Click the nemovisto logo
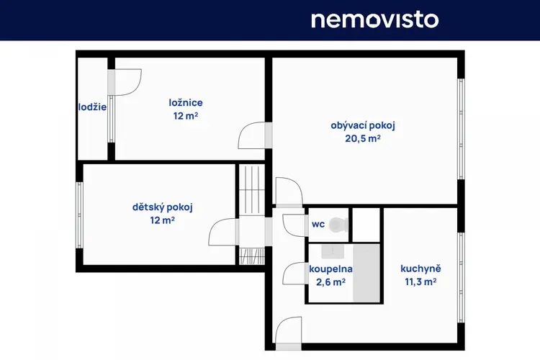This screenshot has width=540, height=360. (374, 20)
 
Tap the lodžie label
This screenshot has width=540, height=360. (92, 107)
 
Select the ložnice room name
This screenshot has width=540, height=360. (186, 103)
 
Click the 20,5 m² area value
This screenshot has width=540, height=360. (363, 138)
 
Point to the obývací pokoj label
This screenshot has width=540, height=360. (363, 126)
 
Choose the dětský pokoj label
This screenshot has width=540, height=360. (163, 207)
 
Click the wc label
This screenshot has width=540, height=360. (318, 225)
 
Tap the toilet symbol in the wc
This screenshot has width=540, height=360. (338, 225)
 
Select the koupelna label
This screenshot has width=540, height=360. (330, 269)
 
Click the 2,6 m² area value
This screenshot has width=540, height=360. (330, 282)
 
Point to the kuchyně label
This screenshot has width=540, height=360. (420, 269)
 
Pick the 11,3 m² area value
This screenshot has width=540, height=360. (420, 282)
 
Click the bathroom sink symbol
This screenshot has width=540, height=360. (333, 252)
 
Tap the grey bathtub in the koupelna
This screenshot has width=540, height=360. (366, 274)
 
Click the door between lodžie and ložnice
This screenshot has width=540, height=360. (125, 82)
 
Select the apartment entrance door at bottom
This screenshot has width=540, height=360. (289, 333)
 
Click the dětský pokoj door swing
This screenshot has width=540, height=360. (223, 232)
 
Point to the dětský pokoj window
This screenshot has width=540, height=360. (79, 215)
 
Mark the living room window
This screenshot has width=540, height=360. (461, 129)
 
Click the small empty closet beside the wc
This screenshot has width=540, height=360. (366, 225)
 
